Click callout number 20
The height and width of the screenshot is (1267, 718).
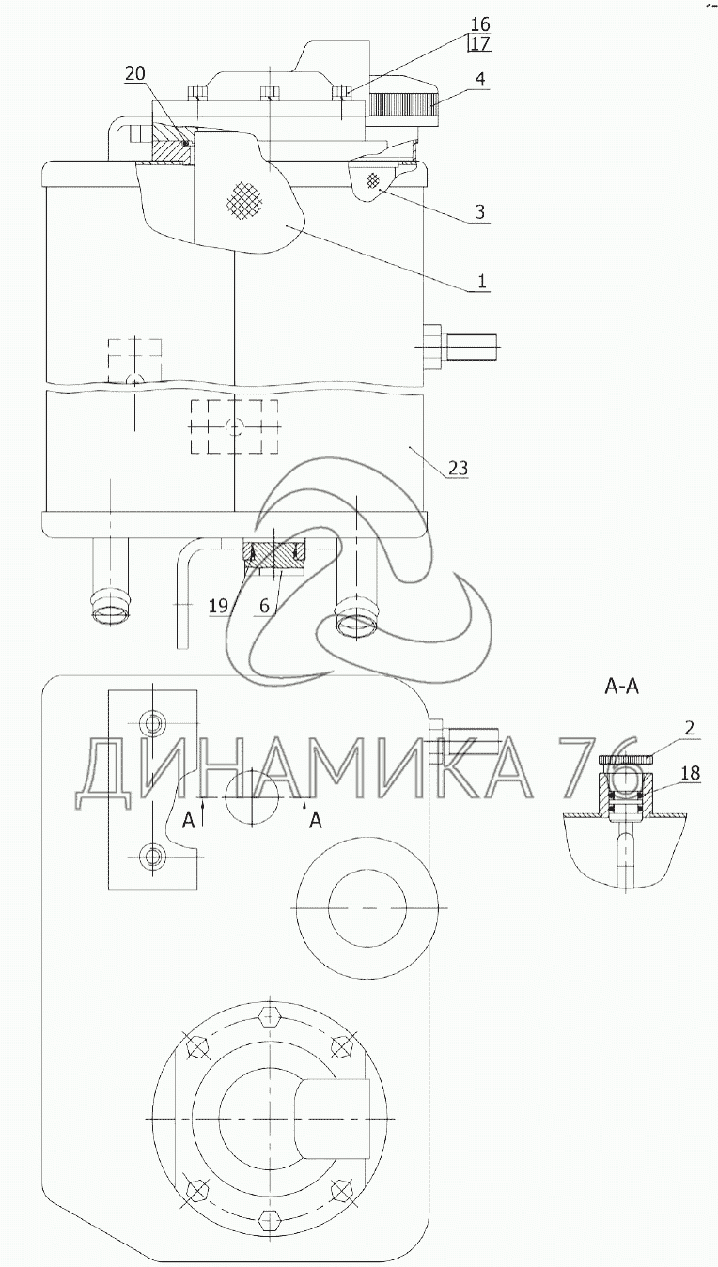[x=135, y=73]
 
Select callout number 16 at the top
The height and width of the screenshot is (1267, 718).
[x=480, y=24]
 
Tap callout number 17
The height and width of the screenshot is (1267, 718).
[x=480, y=43]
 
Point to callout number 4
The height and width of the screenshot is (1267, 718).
[x=480, y=79]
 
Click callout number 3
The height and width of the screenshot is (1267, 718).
[x=479, y=211]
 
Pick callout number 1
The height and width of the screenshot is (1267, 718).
[x=481, y=281]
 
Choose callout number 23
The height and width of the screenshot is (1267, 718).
[x=459, y=468]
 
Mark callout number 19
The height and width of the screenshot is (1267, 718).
[x=219, y=607]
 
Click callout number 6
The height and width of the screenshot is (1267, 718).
[x=264, y=607]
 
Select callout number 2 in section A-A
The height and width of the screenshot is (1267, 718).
[x=690, y=728]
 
